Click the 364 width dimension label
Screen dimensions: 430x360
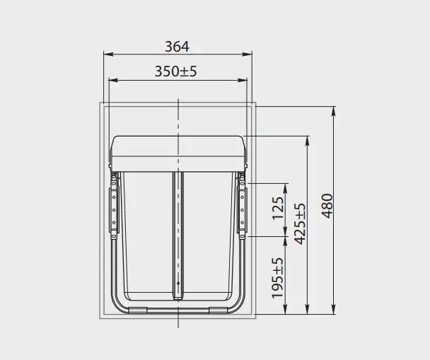pyautogui.click(x=177, y=47)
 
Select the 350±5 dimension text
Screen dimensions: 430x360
pyautogui.click(x=176, y=71)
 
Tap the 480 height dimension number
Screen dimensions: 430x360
pyautogui.click(x=327, y=206)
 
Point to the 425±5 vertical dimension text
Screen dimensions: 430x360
pyautogui.click(x=300, y=223)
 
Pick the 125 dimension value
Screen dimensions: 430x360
pyautogui.click(x=278, y=208)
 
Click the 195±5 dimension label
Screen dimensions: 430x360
pyautogui.click(x=277, y=278)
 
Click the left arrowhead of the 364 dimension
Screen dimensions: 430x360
pyautogui.click(x=109, y=54)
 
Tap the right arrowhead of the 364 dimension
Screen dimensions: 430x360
pyautogui.click(x=247, y=54)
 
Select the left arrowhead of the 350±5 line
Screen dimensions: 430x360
pyautogui.click(x=114, y=80)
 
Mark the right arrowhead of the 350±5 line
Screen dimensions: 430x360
pyautogui.click(x=243, y=80)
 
